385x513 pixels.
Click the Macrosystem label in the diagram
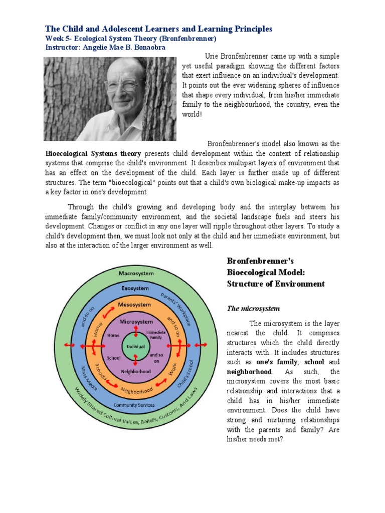pyautogui.click(x=135, y=274)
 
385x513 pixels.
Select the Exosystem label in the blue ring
pyautogui.click(x=135, y=289)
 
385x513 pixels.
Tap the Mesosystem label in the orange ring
pyautogui.click(x=135, y=305)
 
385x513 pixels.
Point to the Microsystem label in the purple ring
pyautogui.click(x=135, y=321)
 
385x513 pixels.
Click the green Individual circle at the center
pyautogui.click(x=135, y=346)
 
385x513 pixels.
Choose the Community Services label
pyautogui.click(x=134, y=405)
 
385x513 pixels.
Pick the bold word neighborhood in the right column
pyautogui.click(x=249, y=372)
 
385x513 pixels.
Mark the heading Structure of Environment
pyautogui.click(x=276, y=284)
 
